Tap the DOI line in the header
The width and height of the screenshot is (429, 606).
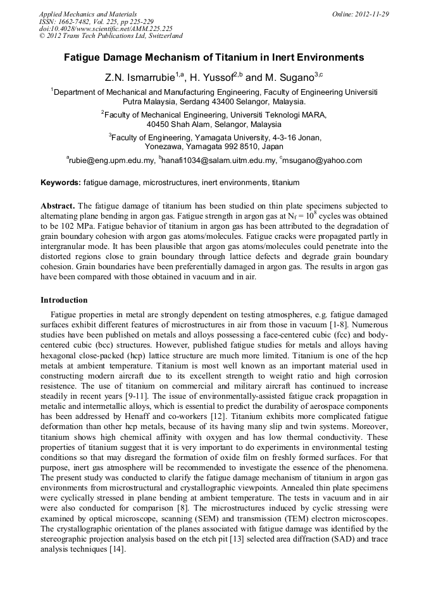click(x=106, y=28)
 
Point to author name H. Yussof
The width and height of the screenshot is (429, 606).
click(x=211, y=77)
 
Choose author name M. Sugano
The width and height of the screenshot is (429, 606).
click(x=289, y=77)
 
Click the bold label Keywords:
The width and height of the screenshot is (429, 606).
click(x=61, y=183)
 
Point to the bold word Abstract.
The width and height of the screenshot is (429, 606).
click(x=58, y=206)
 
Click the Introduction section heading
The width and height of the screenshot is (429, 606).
click(x=64, y=300)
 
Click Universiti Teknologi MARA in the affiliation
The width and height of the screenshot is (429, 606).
click(x=273, y=115)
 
